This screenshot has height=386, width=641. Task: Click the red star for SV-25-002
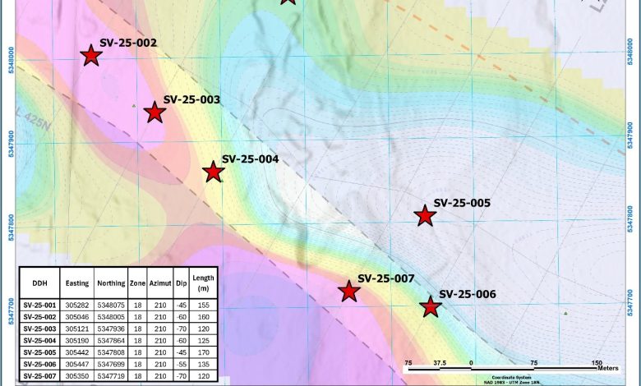[91, 55]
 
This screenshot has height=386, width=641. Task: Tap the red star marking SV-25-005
[424, 216]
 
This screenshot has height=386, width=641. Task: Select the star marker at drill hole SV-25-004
[214, 172]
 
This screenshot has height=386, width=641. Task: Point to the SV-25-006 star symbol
[430, 307]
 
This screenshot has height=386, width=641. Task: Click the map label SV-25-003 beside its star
[191, 99]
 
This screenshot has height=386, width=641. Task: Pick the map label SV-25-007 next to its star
[386, 278]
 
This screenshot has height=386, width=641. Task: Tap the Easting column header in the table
[77, 283]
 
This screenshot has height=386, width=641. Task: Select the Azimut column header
[159, 283]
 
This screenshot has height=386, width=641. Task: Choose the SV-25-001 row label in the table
[39, 304]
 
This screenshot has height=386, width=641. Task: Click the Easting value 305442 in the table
[77, 351]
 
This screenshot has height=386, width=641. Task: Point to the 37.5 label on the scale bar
[440, 362]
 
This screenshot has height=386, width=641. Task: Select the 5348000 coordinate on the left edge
[11, 59]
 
